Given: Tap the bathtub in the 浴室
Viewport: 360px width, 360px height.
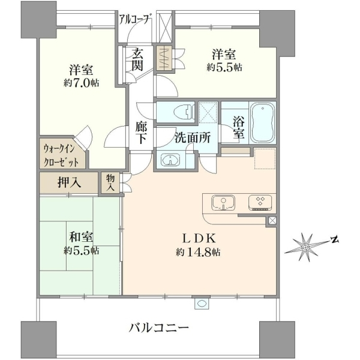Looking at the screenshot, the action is pyautogui.click(x=263, y=122).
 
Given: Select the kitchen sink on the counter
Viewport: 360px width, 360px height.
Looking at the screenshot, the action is pyautogui.click(x=223, y=203).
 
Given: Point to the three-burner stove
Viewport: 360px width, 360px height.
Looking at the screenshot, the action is pyautogui.click(x=260, y=203).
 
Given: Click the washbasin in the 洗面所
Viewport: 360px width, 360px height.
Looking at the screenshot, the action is pyautogui.click(x=170, y=160).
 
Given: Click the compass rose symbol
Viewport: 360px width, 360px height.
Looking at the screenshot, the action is pyautogui.click(x=305, y=247).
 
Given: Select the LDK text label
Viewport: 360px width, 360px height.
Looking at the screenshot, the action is pyautogui.click(x=199, y=239).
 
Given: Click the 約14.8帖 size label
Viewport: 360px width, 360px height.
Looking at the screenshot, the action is pyautogui.click(x=198, y=253).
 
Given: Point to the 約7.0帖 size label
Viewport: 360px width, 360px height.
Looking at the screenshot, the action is pyautogui.click(x=81, y=83).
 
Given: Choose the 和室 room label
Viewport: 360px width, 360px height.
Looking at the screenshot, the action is pyautogui.click(x=81, y=237).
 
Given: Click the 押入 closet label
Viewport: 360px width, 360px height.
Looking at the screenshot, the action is pyautogui.click(x=69, y=183).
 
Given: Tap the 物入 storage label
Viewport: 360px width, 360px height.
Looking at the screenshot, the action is pyautogui.click(x=110, y=182).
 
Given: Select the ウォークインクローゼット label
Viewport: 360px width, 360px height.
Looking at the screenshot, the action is pyautogui.click(x=61, y=156).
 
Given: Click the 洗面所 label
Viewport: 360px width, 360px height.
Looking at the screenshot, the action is pyautogui.click(x=193, y=138).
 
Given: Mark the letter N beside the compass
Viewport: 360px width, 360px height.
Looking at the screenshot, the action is pyautogui.click(x=335, y=240).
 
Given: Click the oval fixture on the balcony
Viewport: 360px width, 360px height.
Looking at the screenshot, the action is pyautogui.click(x=202, y=303).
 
